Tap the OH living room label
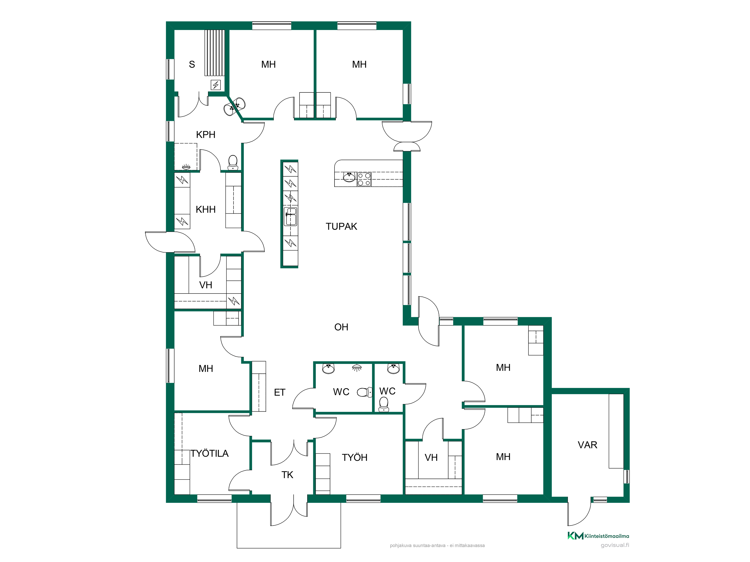pyautogui.click(x=341, y=327)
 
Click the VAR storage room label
pyautogui.click(x=587, y=445)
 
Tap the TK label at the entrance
pyautogui.click(x=287, y=475)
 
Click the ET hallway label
pyautogui.click(x=279, y=392)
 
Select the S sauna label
pyautogui.click(x=192, y=64)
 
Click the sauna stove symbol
pyautogui.click(x=216, y=84)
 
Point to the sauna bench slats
pyautogui.click(x=214, y=52)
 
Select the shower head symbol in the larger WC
pyautogui.click(x=357, y=368)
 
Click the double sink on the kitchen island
pyautogui.click(x=290, y=217)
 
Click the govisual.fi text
pyautogui.click(x=615, y=545)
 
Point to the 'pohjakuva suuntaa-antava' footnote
pyautogui.click(x=437, y=546)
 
